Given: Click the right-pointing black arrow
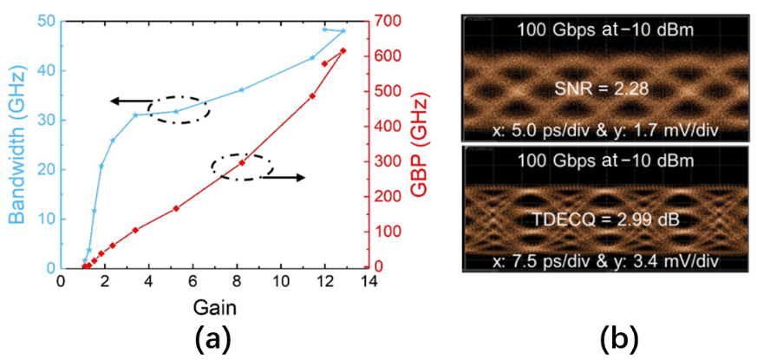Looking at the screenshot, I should [284, 178].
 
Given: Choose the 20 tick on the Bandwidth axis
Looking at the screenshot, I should [45, 169].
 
